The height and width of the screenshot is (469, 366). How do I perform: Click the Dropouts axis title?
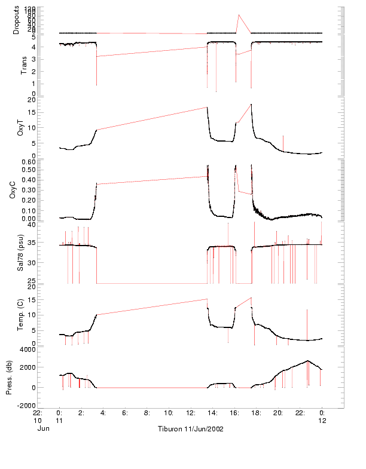17,20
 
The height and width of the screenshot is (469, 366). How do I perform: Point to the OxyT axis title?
21,127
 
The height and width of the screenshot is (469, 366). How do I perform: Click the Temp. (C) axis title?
21,315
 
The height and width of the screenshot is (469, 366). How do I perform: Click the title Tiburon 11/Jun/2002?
190,430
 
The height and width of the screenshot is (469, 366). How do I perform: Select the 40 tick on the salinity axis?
49,225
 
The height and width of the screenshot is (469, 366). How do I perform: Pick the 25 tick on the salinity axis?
49,280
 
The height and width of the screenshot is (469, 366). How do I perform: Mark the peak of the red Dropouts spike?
239,15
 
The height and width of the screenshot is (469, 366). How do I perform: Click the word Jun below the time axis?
42,428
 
